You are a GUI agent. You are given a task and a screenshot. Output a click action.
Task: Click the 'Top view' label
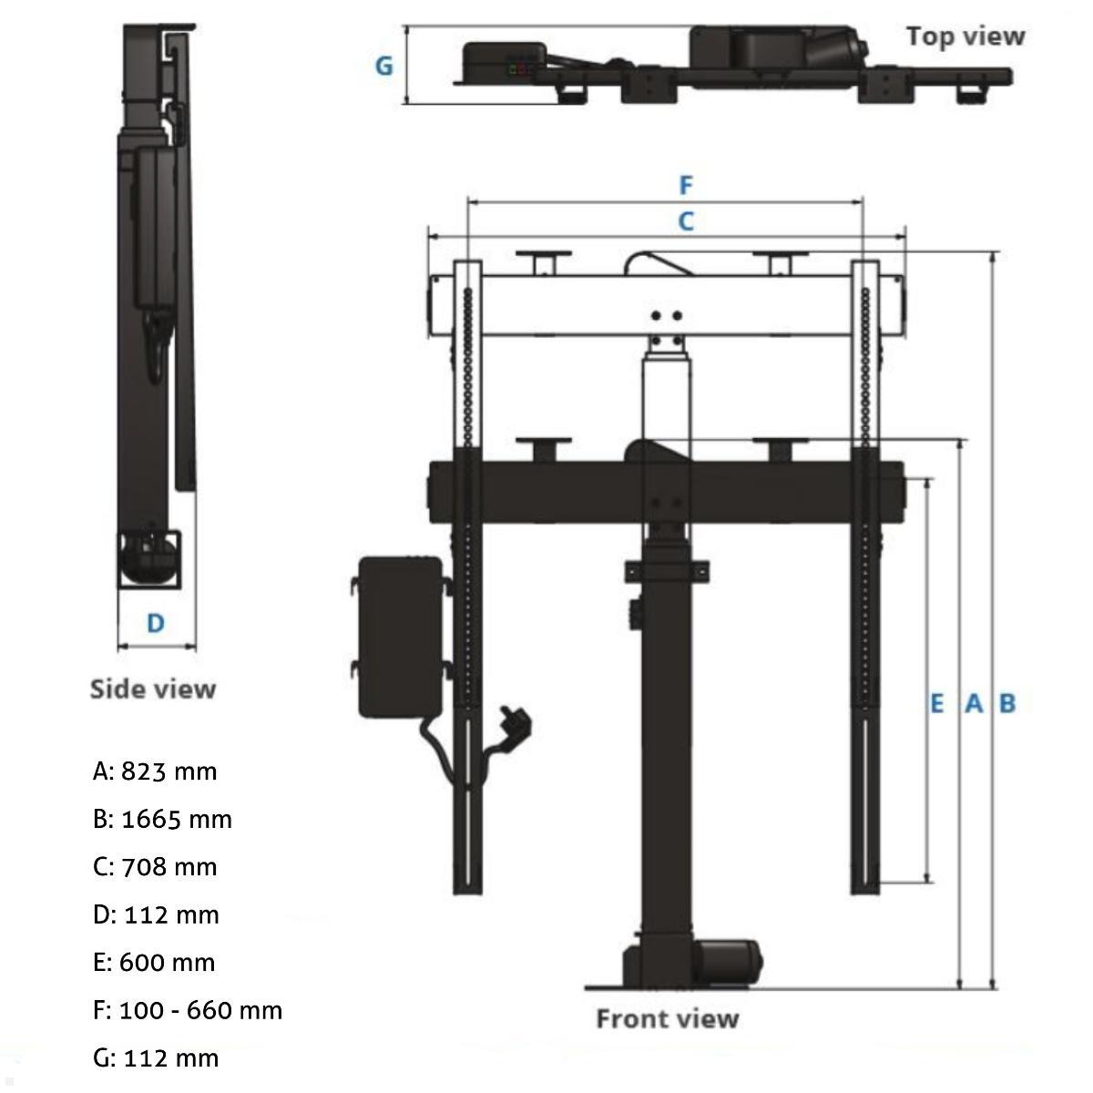(x=965, y=36)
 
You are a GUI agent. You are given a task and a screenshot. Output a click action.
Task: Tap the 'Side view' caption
(x=153, y=689)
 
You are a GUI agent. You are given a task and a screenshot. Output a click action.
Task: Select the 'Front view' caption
(x=667, y=1017)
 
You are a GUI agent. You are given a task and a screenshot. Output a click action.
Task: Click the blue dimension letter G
(x=384, y=66)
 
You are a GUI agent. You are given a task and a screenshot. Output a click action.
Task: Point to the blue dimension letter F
(x=686, y=186)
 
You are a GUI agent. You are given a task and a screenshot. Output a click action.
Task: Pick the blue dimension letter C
(x=686, y=220)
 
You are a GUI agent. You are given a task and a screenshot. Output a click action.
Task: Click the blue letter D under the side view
(x=156, y=623)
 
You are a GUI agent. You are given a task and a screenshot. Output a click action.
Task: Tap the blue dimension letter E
(x=936, y=703)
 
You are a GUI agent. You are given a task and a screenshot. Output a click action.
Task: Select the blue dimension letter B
(x=1007, y=703)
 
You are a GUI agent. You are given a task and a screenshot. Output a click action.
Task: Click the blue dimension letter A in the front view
(x=974, y=703)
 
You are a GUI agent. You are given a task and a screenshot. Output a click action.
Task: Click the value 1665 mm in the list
(x=177, y=819)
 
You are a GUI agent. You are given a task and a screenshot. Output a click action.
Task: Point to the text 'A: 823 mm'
(x=155, y=771)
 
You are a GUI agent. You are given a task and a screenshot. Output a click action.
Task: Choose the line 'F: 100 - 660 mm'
(x=188, y=1010)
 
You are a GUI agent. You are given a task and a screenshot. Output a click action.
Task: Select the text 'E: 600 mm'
(x=154, y=962)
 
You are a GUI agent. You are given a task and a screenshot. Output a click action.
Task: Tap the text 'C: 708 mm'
(x=155, y=866)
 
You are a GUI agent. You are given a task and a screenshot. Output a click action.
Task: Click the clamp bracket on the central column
(x=667, y=571)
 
